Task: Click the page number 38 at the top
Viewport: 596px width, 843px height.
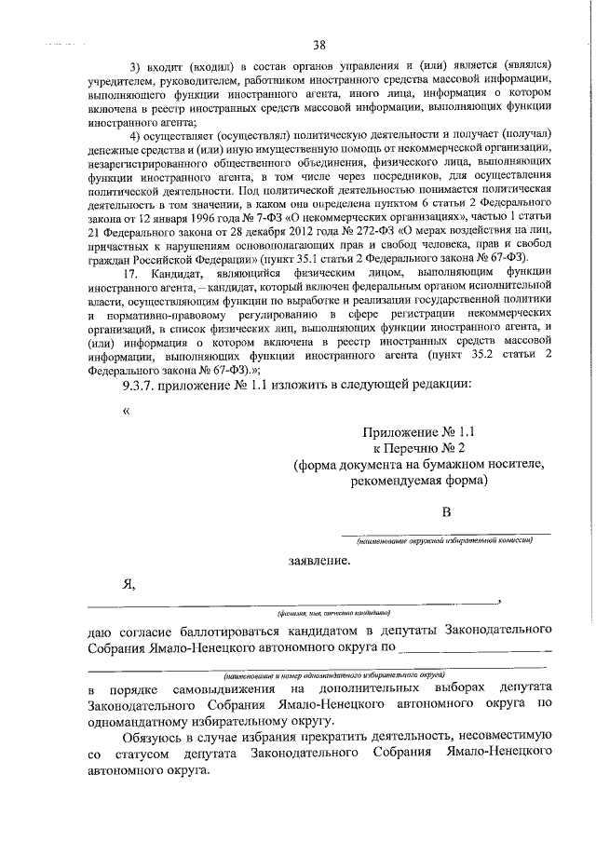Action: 319,45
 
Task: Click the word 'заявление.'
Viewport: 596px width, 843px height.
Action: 319,561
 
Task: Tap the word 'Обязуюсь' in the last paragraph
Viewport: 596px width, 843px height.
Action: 155,738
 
